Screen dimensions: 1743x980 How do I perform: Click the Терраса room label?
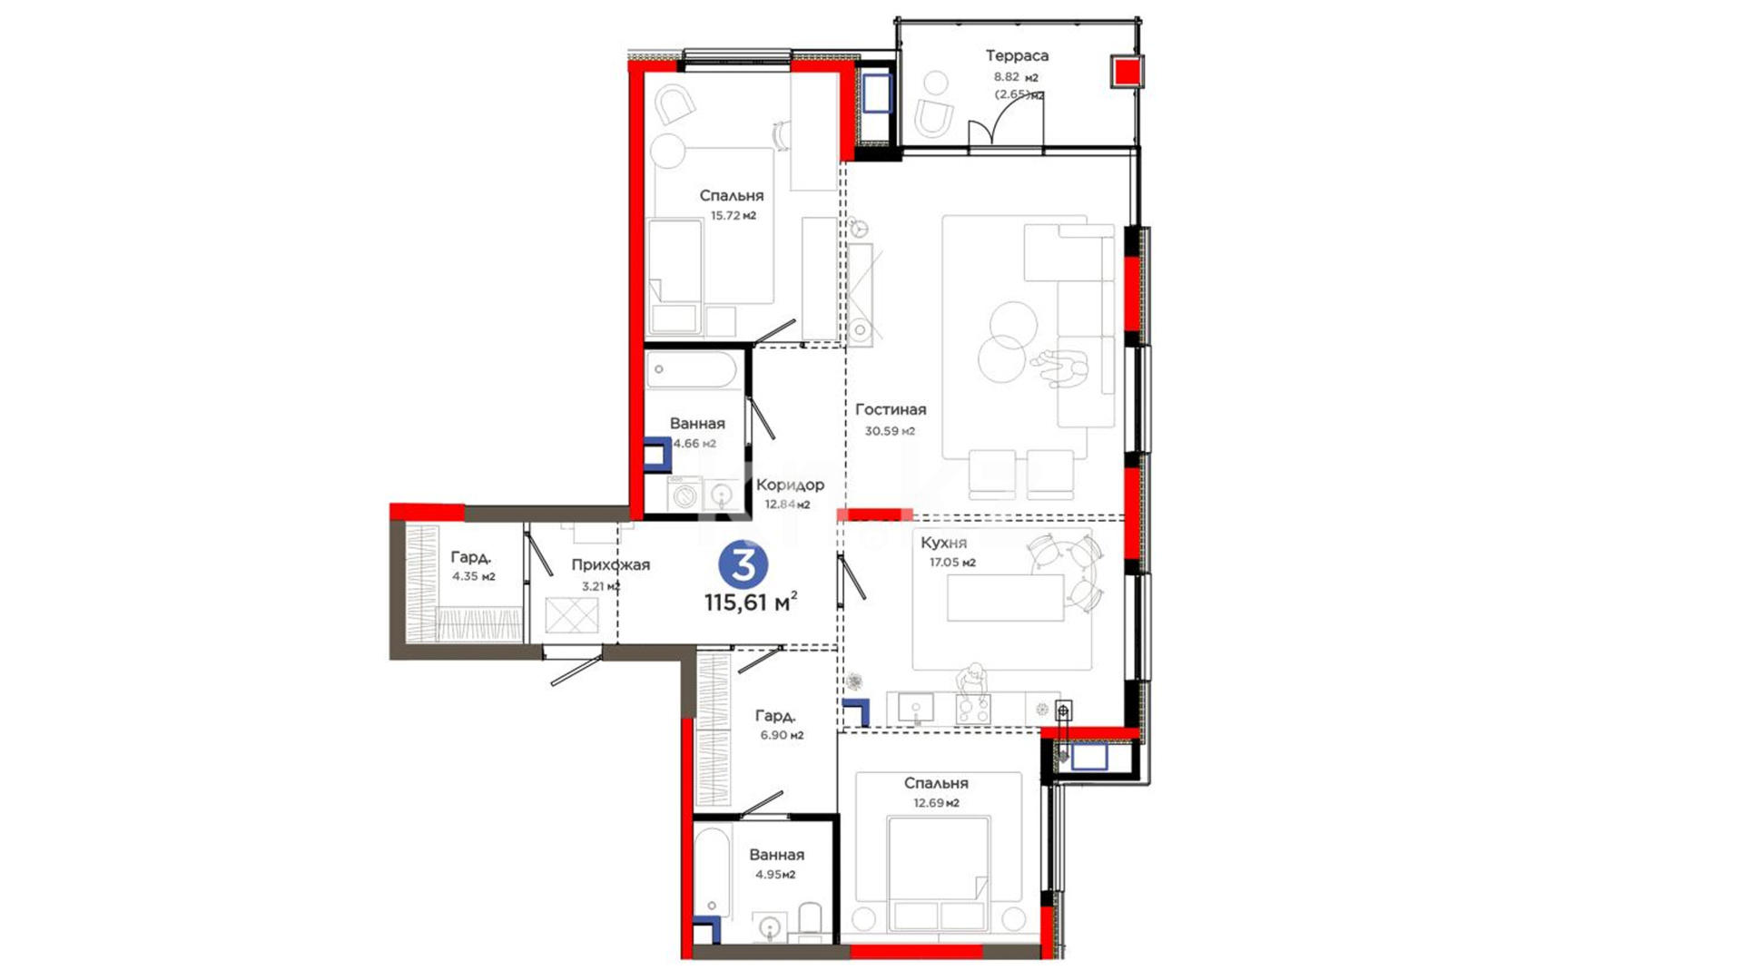1017,56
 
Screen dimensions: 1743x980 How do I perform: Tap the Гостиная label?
891,410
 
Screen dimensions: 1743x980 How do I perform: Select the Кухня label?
943,543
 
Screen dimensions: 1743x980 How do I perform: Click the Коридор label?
790,485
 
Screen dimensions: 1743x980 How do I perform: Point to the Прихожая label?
610,565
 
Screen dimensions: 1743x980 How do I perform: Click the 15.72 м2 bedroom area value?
733,216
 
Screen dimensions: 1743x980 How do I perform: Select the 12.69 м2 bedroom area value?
936,803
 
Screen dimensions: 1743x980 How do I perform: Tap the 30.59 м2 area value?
890,432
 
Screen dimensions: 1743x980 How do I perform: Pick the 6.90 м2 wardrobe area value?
782,736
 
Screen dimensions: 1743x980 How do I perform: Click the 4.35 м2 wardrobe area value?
474,576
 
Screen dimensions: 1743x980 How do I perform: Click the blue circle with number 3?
743,564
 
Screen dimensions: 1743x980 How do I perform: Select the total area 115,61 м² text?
751,602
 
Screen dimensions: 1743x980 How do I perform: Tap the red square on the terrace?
1127,72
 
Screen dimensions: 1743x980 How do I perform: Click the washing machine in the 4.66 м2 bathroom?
685,495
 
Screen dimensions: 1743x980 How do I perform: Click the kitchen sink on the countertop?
915,708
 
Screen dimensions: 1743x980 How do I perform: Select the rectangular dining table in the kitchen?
1005,598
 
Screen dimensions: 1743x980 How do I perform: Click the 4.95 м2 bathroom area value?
775,876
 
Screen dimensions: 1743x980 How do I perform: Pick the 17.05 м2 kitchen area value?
952,563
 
